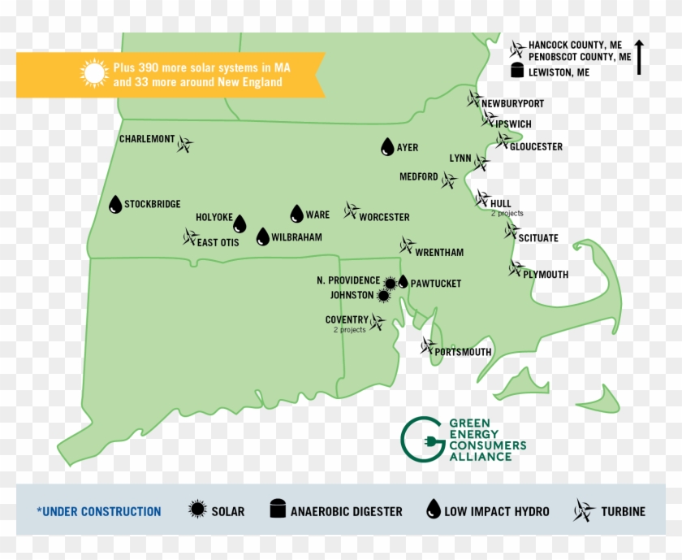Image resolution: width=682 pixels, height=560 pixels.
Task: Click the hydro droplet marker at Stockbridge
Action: (115, 205)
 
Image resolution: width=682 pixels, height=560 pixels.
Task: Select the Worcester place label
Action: (384, 217)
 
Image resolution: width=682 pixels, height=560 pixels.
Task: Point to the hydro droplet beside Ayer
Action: (387, 147)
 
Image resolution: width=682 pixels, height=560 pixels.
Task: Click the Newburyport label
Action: (512, 104)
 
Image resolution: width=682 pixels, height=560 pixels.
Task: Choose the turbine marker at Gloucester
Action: (503, 141)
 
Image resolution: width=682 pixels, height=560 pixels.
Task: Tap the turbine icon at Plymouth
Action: (516, 268)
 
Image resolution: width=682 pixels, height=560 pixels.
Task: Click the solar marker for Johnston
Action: (383, 296)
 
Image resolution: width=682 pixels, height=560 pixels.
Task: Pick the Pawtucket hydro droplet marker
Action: (403, 282)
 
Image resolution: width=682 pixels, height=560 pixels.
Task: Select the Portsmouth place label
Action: (463, 352)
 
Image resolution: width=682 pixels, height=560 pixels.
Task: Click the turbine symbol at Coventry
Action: (377, 323)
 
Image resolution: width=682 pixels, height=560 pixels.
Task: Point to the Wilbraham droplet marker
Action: (262, 237)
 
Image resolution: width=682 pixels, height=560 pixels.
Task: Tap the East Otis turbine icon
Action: (190, 237)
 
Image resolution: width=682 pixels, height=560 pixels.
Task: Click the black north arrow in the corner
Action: (639, 57)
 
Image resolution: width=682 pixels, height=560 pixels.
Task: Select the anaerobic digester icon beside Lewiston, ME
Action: (516, 72)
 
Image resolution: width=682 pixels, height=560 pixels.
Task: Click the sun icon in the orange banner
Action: (94, 74)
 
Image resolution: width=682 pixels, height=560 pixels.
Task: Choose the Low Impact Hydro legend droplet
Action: (434, 510)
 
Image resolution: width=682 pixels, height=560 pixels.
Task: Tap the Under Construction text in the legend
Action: (99, 511)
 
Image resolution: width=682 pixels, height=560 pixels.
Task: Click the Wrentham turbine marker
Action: (407, 245)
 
